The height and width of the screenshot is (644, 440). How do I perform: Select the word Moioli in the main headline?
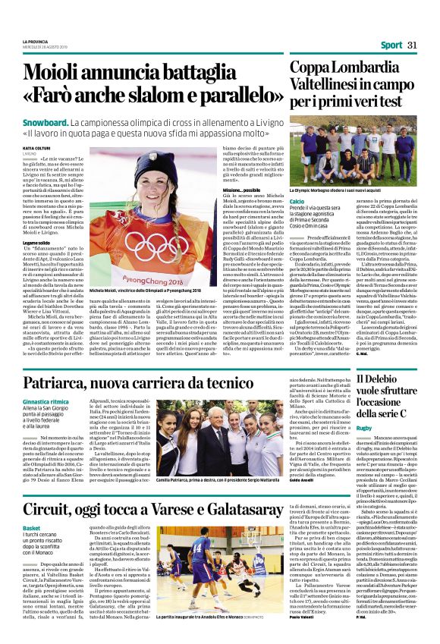click(80, 73)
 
